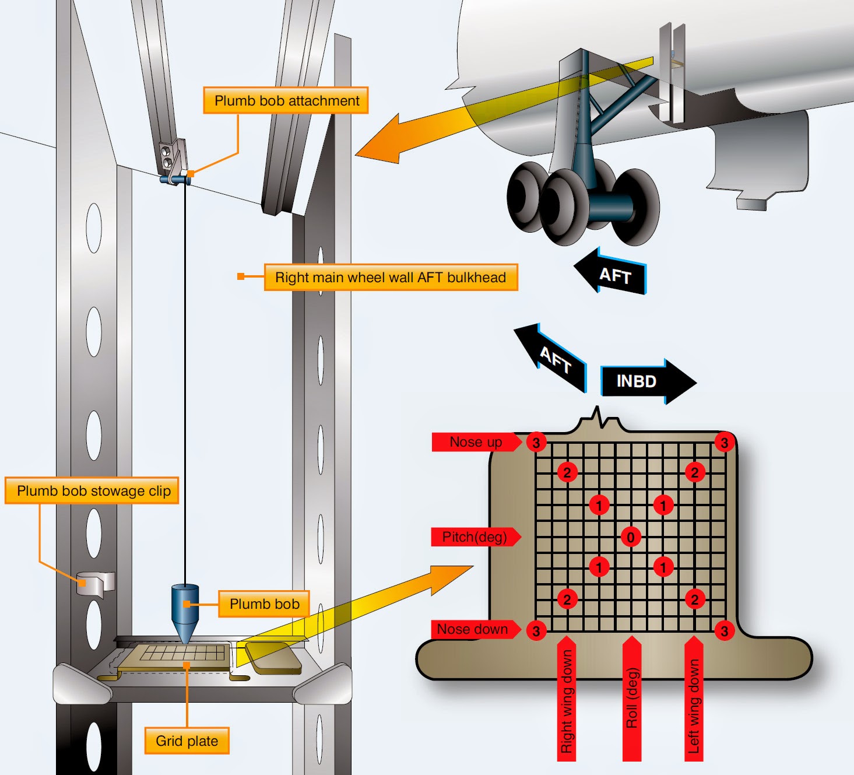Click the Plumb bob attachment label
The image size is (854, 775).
coord(286,100)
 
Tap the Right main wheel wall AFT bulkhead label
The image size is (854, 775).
coord(391,277)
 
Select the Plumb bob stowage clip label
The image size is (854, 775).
coord(92,490)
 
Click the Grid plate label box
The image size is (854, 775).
coord(187,741)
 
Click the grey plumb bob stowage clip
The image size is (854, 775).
coord(95,583)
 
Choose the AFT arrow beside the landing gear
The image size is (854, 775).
coord(612,273)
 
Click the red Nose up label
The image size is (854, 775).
coord(475,442)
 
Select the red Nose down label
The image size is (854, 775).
coord(473,629)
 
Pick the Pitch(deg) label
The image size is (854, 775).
coord(474,536)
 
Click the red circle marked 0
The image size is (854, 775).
coord(631,536)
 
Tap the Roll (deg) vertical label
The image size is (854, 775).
coord(632,699)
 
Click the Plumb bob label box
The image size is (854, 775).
coord(264,604)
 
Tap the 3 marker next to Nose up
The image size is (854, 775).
coord(536,442)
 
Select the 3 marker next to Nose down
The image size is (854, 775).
coord(536,630)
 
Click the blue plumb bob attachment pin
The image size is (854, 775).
coord(175,178)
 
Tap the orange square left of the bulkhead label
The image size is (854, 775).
coord(241,276)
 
